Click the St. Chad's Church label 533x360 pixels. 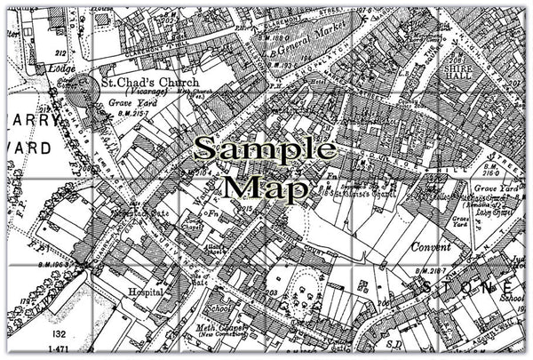tap(148, 82)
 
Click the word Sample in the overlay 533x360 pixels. tap(265, 148)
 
